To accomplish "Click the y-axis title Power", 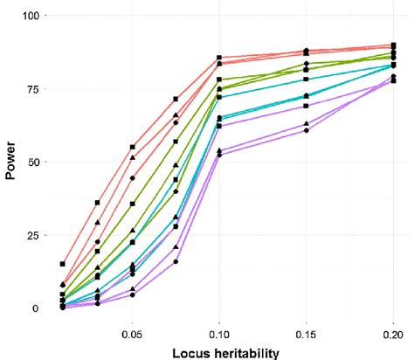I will (11, 163).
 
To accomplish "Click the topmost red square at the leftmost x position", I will (63, 264).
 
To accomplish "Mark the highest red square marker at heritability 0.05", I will (133, 148).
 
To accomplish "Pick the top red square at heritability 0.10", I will (219, 59).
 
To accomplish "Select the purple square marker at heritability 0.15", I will (306, 106).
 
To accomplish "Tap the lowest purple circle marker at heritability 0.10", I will (219, 155).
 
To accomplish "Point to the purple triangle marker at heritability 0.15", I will (306, 124).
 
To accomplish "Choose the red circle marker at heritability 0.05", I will (133, 178).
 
